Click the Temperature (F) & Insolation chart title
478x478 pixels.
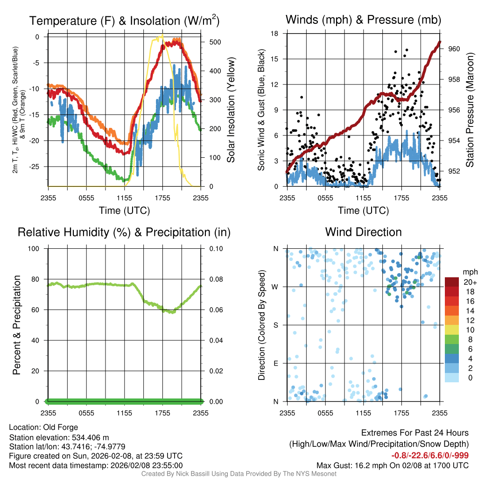coord(124,21)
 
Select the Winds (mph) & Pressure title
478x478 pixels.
coord(363,20)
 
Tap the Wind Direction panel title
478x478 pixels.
coord(363,232)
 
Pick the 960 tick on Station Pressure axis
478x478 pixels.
coord(454,49)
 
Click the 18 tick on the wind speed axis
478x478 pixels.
coord(275,34)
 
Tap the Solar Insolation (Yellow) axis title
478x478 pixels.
coord(231,110)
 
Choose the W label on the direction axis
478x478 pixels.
coord(275,287)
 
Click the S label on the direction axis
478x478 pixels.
coord(276,325)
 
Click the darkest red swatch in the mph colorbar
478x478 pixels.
coord(452,282)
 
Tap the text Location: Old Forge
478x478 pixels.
coord(43,427)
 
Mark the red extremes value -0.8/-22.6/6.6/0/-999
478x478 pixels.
coord(429,456)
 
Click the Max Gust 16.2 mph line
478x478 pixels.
coord(392,465)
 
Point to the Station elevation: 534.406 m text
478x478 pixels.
coord(59,437)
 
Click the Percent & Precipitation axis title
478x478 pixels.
coord(17,325)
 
